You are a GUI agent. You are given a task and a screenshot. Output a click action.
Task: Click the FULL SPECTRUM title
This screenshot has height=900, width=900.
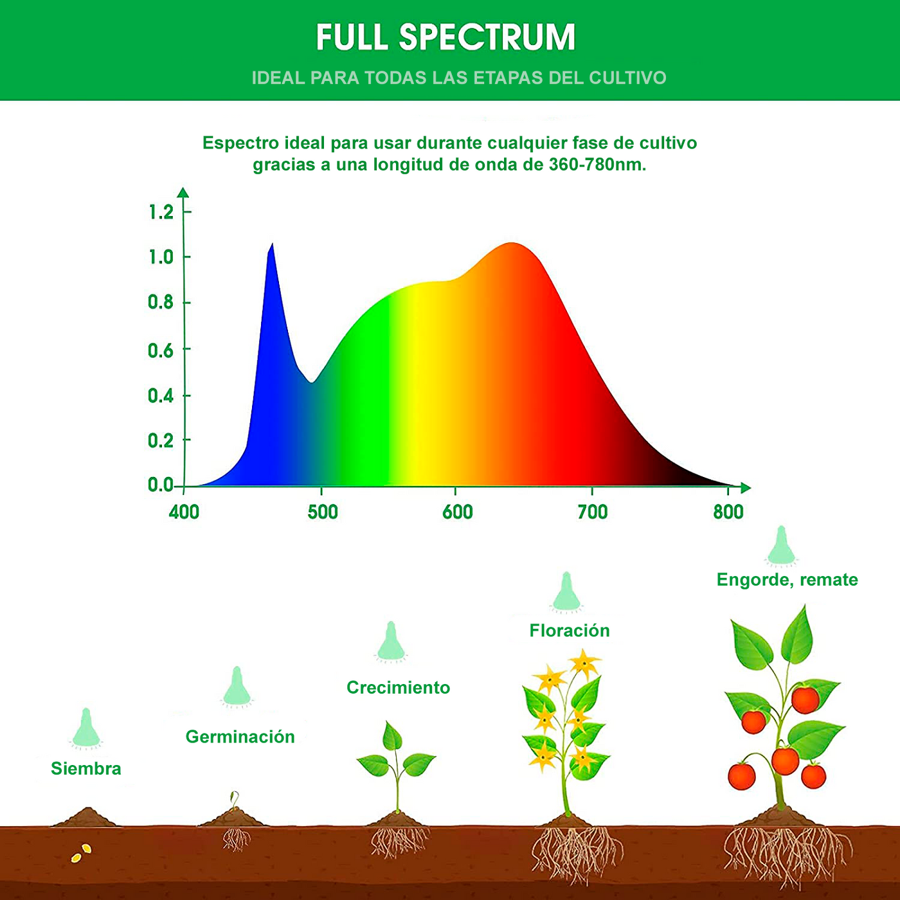(x=446, y=37)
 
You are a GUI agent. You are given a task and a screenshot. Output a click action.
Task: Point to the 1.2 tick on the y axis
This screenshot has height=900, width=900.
(x=186, y=212)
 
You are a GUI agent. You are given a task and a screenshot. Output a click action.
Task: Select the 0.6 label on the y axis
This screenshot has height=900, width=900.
(x=160, y=350)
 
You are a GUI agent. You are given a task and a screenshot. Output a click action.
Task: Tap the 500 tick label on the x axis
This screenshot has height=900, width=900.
(x=322, y=512)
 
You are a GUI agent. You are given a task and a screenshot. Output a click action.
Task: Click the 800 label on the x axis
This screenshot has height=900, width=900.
(x=728, y=512)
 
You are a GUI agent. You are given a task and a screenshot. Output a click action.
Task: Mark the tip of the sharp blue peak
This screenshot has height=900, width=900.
(x=273, y=244)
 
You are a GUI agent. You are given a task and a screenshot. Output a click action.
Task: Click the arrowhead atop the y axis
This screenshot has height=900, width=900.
(x=184, y=192)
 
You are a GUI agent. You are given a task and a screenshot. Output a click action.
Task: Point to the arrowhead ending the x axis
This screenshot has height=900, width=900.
(x=746, y=487)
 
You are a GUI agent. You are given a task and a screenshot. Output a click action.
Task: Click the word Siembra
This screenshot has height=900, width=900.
(x=86, y=768)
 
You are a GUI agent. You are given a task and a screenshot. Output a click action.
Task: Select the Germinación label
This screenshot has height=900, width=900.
(x=240, y=737)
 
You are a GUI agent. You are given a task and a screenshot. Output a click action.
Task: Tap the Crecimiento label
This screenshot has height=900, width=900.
(x=398, y=687)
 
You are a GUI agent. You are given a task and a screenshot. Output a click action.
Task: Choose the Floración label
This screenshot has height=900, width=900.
(x=570, y=631)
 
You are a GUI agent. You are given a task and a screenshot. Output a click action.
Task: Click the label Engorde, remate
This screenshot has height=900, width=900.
(x=787, y=580)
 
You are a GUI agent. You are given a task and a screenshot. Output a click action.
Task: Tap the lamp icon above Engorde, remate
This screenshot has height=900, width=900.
(x=781, y=546)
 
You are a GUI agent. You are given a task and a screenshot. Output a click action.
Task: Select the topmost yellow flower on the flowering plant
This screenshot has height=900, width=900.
(x=584, y=663)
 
